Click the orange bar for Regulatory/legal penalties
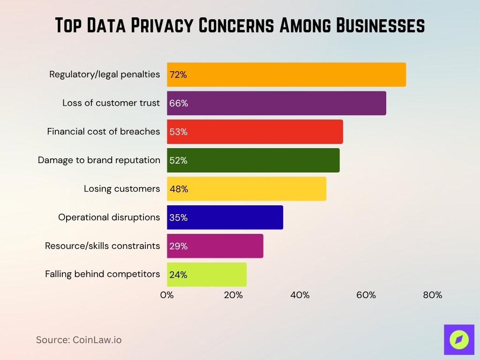pyautogui.click(x=286, y=75)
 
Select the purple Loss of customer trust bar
pyautogui.click(x=277, y=103)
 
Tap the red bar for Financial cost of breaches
pyautogui.click(x=255, y=132)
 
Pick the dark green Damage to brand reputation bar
pyautogui.click(x=253, y=160)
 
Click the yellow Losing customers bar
pyautogui.click(x=247, y=189)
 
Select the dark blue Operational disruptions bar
pyautogui.click(x=225, y=217)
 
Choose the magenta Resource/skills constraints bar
pyautogui.click(x=215, y=246)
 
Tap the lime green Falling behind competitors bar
pyautogui.click(x=207, y=275)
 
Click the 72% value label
pyautogui.click(x=178, y=75)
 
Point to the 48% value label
pyautogui.click(x=179, y=189)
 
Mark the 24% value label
pyautogui.click(x=178, y=275)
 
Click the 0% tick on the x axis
pyautogui.click(x=167, y=295)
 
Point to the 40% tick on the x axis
pyautogui.click(x=300, y=295)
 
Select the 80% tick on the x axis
pyautogui.click(x=432, y=295)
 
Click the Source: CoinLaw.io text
pyautogui.click(x=79, y=340)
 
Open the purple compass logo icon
pyautogui.click(x=459, y=339)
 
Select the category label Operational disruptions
pyautogui.click(x=109, y=217)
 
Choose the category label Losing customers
pyautogui.click(x=122, y=189)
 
